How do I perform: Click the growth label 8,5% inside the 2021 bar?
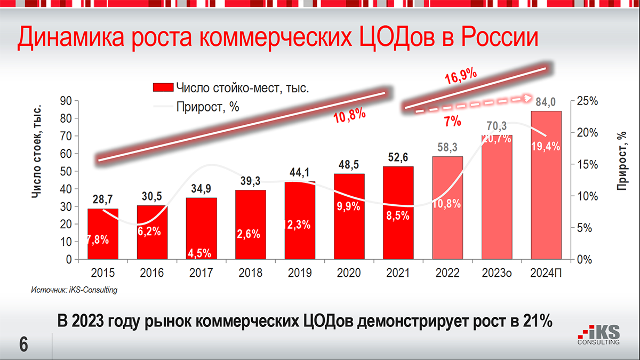pyautogui.click(x=398, y=216)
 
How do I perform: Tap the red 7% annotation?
pyautogui.click(x=452, y=122)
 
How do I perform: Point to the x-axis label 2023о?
pyautogui.click(x=497, y=273)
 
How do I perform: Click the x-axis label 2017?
pyautogui.click(x=201, y=273)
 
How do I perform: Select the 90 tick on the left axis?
pyautogui.click(x=66, y=101)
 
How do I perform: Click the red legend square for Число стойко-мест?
pyautogui.click(x=163, y=87)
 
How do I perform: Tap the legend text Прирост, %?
pyautogui.click(x=207, y=107)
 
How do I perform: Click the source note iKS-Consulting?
pyautogui.click(x=74, y=290)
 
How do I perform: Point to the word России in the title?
pyautogui.click(x=499, y=39)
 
